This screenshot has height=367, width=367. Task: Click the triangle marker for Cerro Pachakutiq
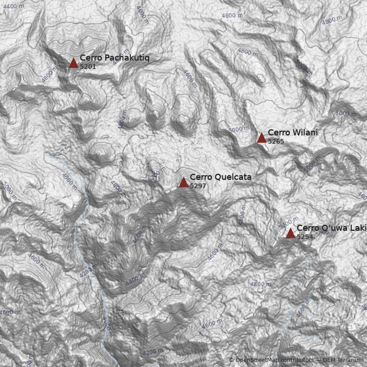tap(73, 63)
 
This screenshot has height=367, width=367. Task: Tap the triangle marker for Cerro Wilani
tap(261, 138)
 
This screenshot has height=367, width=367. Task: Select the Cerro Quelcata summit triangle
tap(183, 183)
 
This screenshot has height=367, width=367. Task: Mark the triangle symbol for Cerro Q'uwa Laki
tap(290, 234)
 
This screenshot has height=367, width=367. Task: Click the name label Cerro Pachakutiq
tap(114, 58)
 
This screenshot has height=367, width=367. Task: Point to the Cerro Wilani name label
tap(292, 133)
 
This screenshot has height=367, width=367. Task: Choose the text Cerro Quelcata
tap(220, 177)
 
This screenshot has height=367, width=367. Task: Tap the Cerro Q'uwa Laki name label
tap(331, 228)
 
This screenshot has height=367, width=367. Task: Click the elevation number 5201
tap(88, 67)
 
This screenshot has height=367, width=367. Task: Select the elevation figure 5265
tap(276, 141)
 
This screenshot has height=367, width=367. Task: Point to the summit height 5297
tap(198, 186)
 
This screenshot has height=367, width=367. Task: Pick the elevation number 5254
tap(305, 237)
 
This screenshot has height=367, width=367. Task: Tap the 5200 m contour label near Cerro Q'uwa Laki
tap(289, 222)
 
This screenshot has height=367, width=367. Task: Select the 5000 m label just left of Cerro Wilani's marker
tap(239, 129)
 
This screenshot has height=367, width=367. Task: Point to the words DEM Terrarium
tap(343, 360)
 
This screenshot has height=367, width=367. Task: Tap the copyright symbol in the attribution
tap(231, 360)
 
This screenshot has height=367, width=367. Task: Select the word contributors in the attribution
tap(298, 360)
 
